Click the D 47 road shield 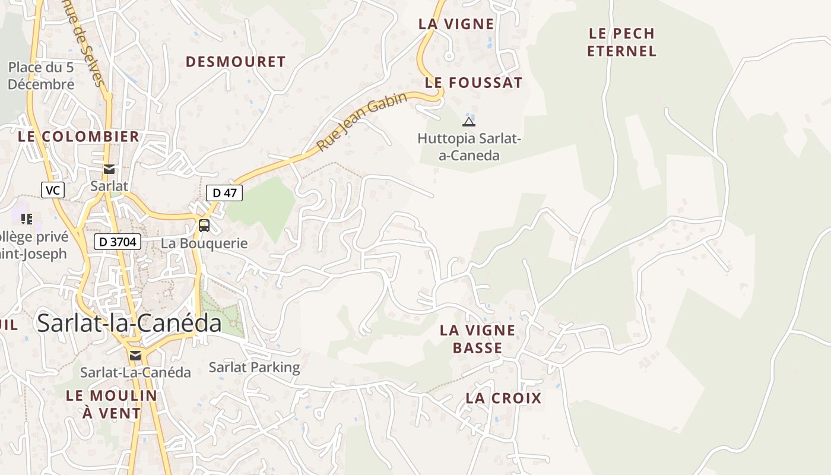pos(224,192)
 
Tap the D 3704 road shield pos(117,242)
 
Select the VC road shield pos(53,190)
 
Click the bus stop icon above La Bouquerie pos(204,226)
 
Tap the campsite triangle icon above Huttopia pos(468,122)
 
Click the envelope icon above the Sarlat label pos(109,169)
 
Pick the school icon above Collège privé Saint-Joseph pos(26,219)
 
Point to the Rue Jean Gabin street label pos(361,122)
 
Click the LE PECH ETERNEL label pos(621,42)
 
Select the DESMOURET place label pos(236,62)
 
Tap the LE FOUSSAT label pos(474,83)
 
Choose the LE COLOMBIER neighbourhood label pos(78,137)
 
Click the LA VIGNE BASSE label pos(477,339)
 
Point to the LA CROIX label pos(503,398)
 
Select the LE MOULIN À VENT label pos(112,404)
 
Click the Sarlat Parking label pos(254,368)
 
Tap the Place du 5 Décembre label pos(41,76)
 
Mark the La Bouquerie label pos(204,243)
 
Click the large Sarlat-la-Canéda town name pos(129,323)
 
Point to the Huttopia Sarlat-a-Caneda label pos(469,147)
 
